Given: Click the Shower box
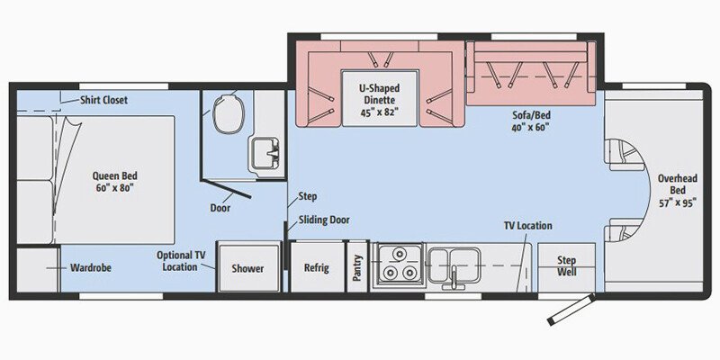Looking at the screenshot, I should (x=247, y=268).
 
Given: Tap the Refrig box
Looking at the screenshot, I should (x=316, y=268).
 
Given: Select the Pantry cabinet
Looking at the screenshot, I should (x=358, y=267).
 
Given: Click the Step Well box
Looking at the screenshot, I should (x=566, y=266).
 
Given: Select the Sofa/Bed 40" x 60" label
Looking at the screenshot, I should (x=527, y=121).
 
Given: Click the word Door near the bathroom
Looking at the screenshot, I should (x=220, y=208).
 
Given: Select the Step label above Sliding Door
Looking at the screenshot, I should (x=307, y=196).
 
